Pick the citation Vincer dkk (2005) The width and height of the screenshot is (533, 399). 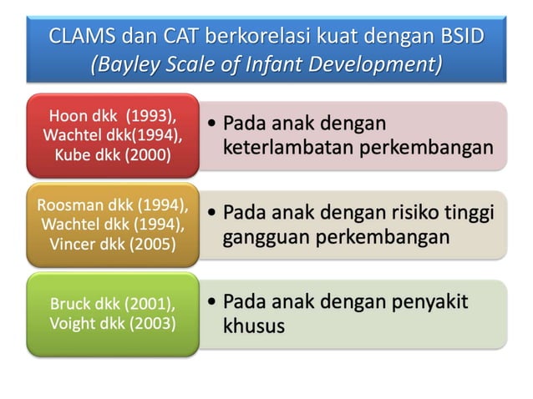[x=112, y=245]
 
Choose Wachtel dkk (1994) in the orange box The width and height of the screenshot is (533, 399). [x=112, y=225]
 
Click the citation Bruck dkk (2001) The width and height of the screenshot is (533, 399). [x=112, y=304]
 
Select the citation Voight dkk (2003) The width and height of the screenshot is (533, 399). [x=112, y=323]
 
